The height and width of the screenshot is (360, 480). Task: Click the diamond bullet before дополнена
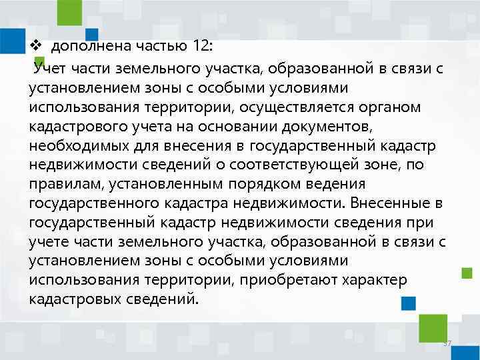(37, 47)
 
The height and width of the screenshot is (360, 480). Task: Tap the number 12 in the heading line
(199, 47)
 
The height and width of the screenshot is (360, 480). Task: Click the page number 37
(447, 343)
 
